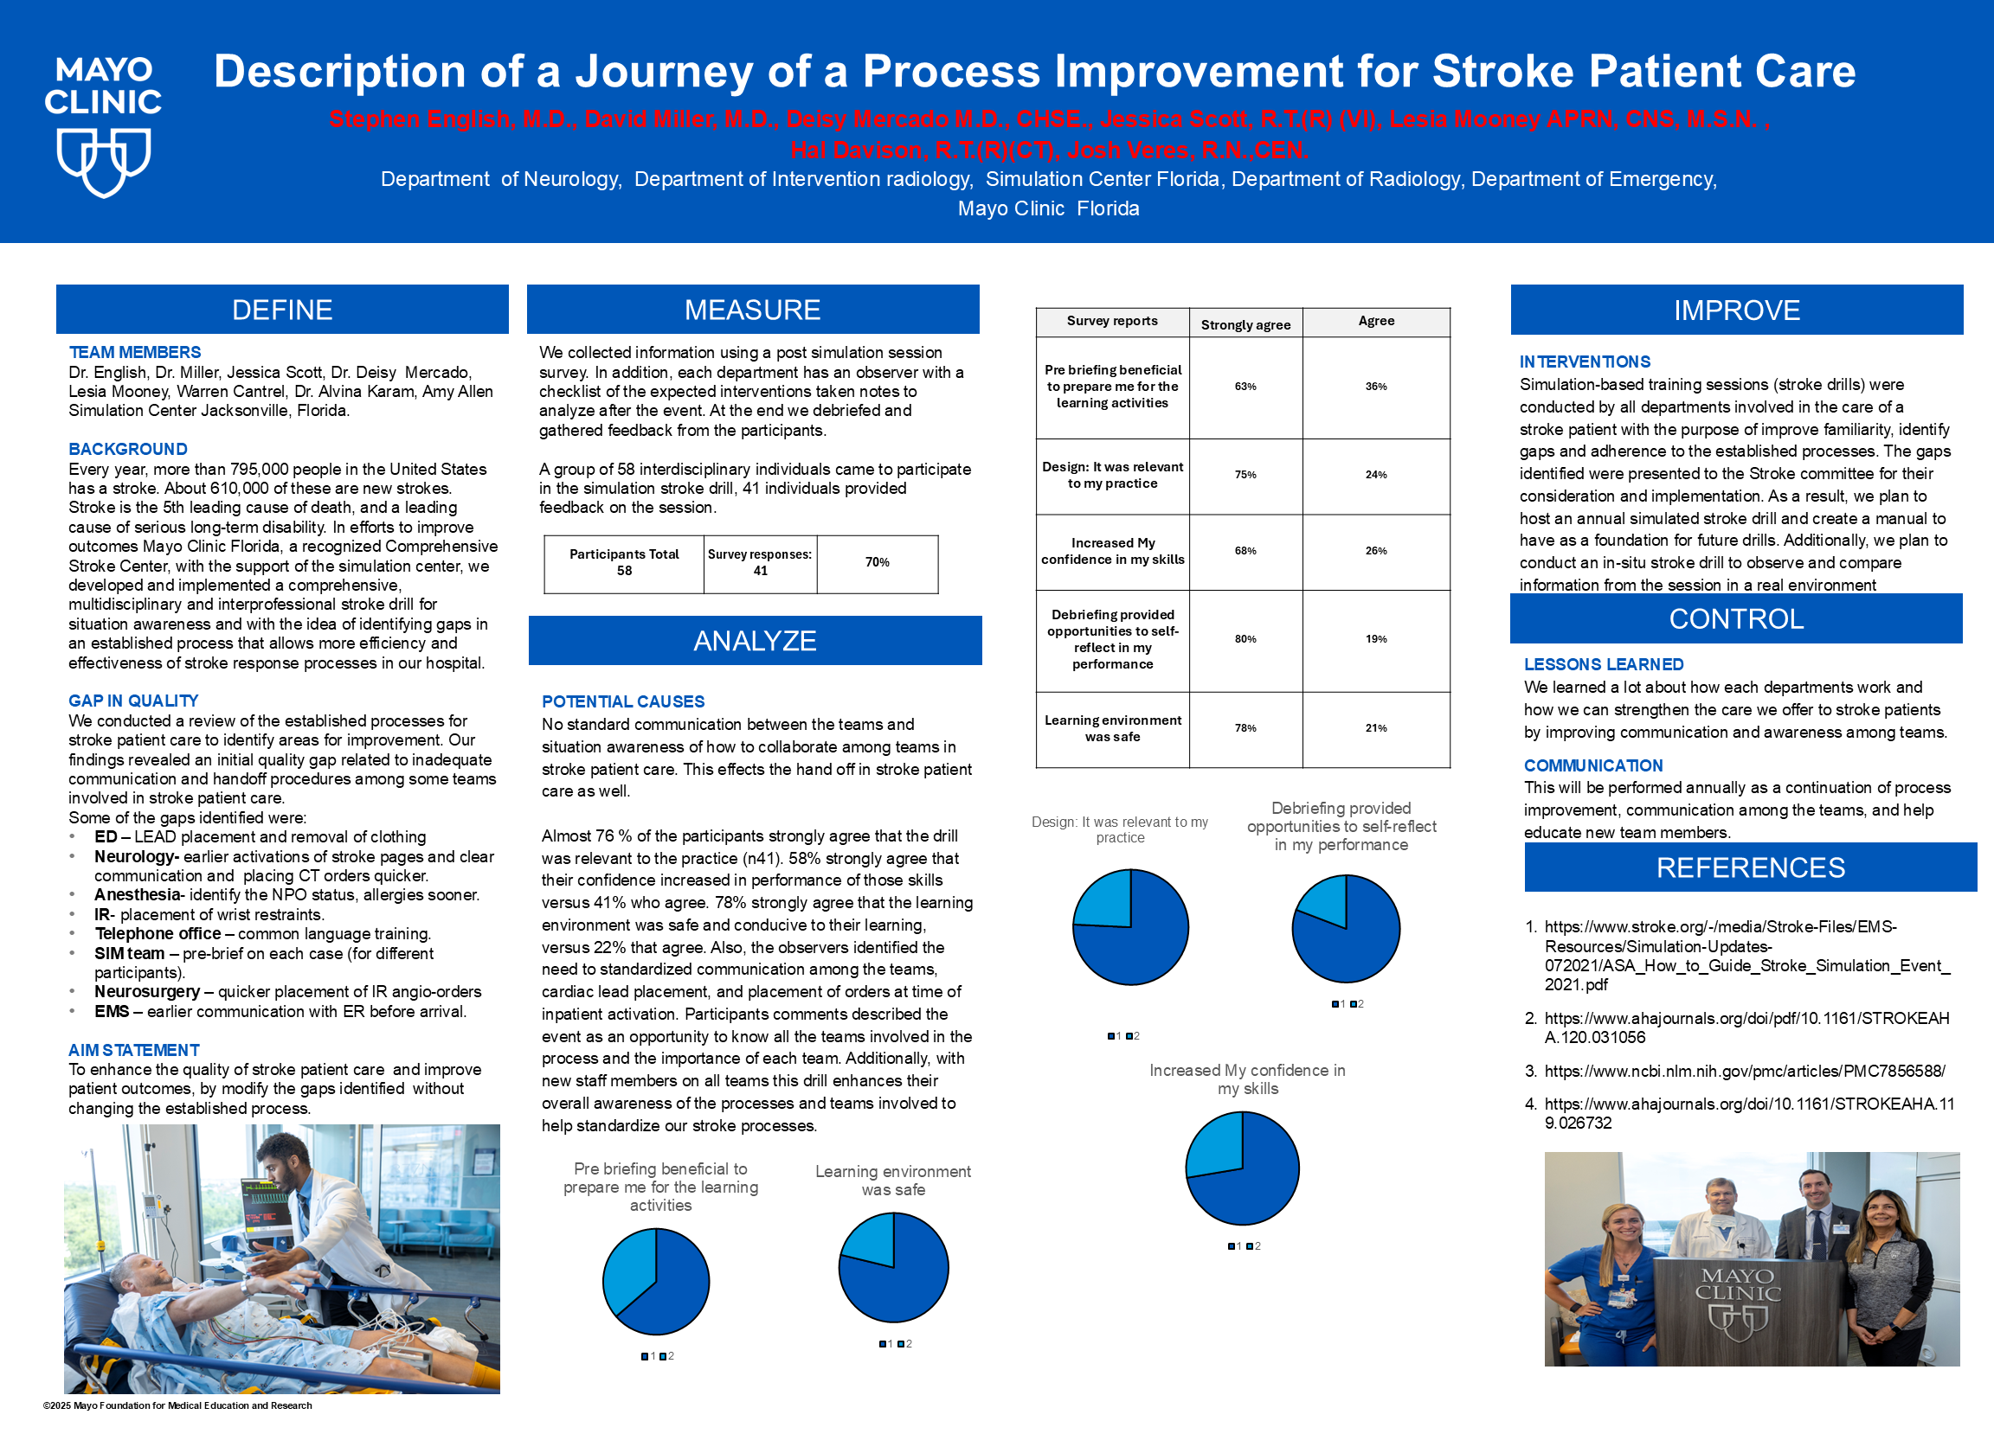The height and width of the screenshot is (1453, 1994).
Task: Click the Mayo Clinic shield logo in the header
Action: tap(104, 161)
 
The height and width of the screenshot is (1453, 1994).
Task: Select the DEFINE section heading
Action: tap(281, 310)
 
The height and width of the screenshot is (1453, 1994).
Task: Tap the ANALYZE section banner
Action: tap(754, 640)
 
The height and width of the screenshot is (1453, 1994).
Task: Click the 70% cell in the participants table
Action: tap(877, 563)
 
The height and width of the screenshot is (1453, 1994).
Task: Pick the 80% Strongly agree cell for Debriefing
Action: tap(1245, 639)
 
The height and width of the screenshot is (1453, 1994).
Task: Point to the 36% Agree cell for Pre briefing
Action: tap(1375, 387)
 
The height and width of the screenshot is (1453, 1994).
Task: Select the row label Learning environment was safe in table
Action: tap(1112, 728)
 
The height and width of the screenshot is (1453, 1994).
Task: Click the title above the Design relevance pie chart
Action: tap(1119, 829)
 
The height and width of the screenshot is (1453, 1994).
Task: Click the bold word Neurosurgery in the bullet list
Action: tap(147, 992)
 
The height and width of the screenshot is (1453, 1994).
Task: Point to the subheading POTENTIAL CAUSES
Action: tap(623, 702)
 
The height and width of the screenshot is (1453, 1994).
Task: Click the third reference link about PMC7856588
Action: tap(1744, 1072)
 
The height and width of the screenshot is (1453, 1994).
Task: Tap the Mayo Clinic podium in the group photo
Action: tap(1737, 1310)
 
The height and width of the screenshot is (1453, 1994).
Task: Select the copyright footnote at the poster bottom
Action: tap(177, 1405)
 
